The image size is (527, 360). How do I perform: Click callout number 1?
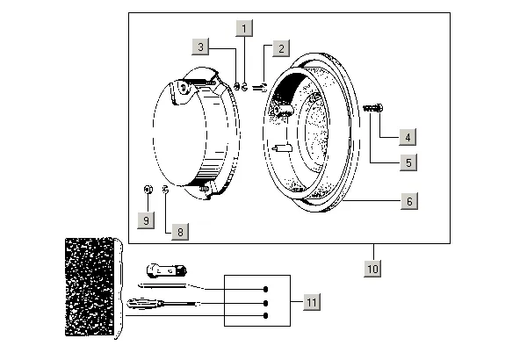(x=244, y=27)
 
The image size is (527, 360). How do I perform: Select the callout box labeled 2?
(x=280, y=48)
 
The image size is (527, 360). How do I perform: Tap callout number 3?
(x=201, y=46)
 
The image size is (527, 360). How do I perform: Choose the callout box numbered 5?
(x=408, y=162)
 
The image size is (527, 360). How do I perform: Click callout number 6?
(x=408, y=201)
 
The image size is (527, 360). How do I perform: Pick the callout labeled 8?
(x=179, y=232)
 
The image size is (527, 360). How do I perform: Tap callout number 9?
(x=147, y=220)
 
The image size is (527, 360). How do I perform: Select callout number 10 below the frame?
(x=372, y=268)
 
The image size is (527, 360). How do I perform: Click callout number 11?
(x=311, y=302)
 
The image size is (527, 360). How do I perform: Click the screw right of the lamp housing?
(x=372, y=108)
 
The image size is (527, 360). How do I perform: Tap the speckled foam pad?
(x=91, y=285)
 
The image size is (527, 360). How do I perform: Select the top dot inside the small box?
(x=264, y=289)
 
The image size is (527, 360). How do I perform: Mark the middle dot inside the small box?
(x=264, y=302)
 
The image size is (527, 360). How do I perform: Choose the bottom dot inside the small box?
(x=264, y=314)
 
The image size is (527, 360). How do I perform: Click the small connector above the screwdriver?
(x=167, y=268)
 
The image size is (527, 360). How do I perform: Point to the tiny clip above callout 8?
(x=165, y=191)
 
